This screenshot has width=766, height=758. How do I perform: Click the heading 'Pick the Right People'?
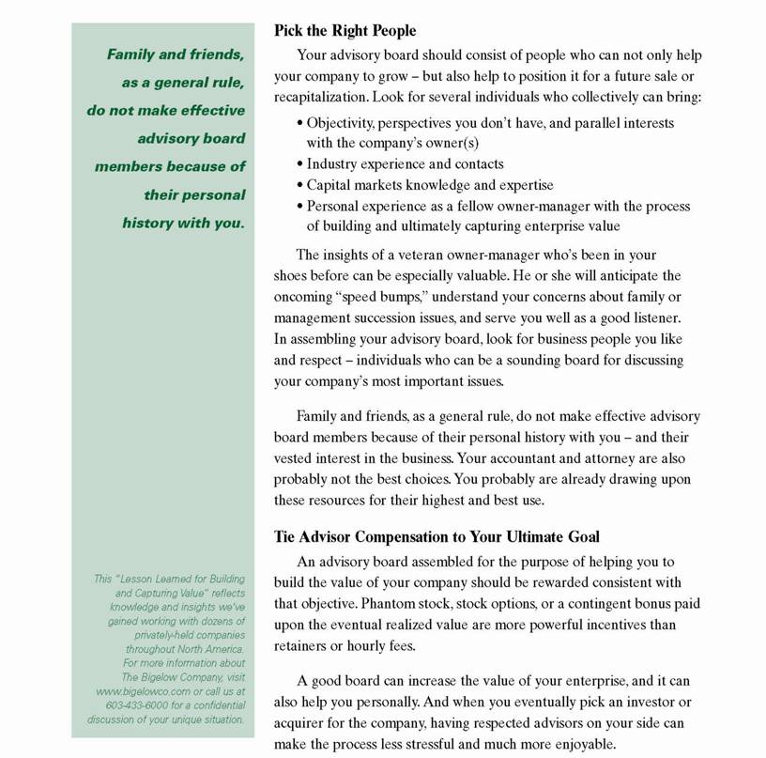(x=345, y=30)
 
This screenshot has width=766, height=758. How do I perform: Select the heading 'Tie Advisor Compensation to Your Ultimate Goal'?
(x=437, y=536)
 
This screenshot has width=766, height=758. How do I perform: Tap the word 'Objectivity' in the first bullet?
(x=342, y=122)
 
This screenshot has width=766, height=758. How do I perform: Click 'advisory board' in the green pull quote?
(x=191, y=138)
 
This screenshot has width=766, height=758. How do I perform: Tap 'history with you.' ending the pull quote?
(x=183, y=223)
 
